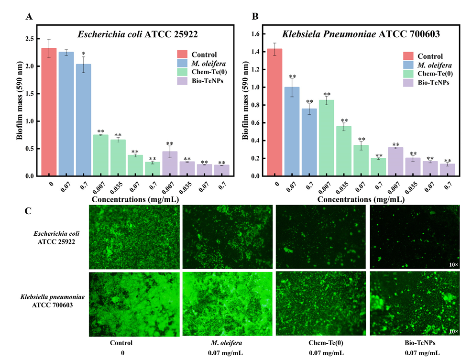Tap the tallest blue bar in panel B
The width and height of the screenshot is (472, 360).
[292, 131]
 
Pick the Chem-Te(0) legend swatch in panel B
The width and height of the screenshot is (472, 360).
[410, 74]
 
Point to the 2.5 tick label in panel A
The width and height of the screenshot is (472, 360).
[30, 38]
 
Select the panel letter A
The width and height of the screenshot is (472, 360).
[29, 17]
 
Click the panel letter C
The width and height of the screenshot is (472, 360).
[29, 210]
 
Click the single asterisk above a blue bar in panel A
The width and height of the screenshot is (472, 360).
[83, 54]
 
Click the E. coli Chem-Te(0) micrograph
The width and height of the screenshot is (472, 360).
[321, 237]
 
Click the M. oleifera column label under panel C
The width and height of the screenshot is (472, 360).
[227, 343]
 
